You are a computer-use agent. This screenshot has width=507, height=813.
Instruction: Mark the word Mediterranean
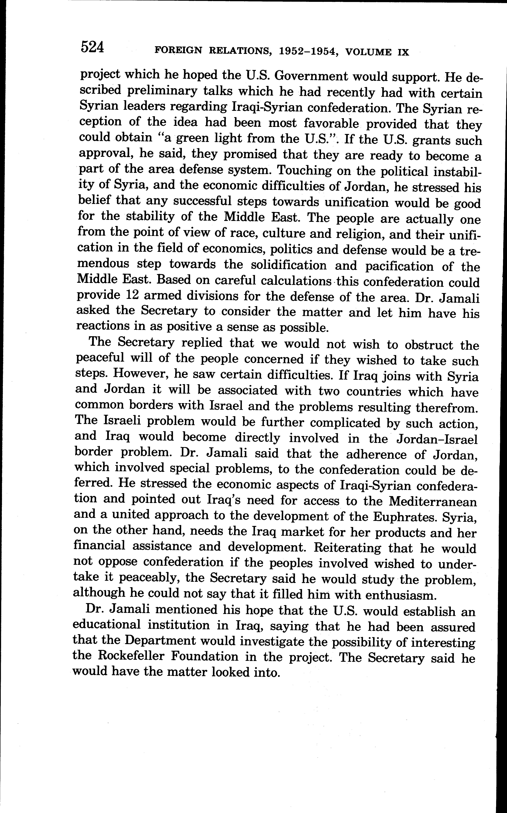433,502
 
